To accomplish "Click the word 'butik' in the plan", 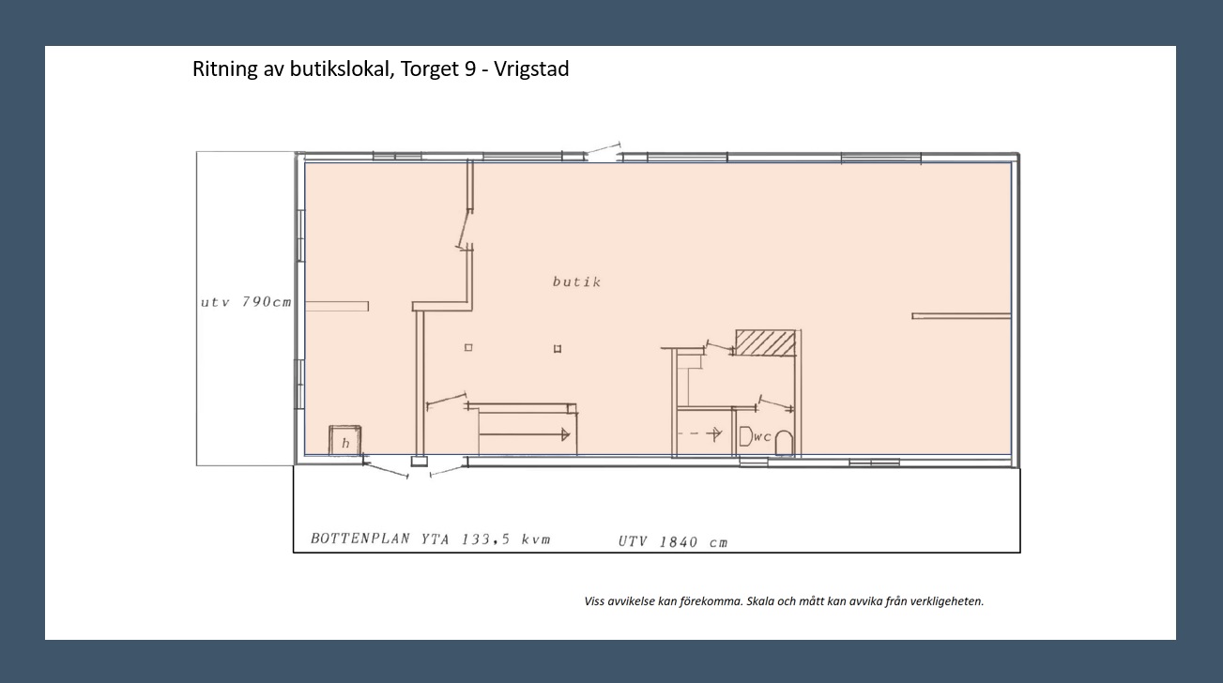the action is [576, 281].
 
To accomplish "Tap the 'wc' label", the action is [763, 436].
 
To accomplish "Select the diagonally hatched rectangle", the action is [766, 342].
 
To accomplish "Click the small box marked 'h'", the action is [345, 440].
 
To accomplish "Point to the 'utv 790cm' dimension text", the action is [246, 302].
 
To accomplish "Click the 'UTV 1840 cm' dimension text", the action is [673, 541].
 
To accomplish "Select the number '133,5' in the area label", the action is [485, 539].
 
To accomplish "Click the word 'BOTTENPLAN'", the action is [360, 539].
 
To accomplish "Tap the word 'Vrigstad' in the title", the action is [531, 68].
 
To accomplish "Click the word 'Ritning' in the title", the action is [225, 68].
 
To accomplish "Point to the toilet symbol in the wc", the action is [784, 443].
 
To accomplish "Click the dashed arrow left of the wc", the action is [699, 434].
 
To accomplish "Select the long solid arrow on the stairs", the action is [524, 434].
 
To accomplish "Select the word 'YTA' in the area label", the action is [436, 539].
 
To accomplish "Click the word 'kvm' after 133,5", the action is [536, 539].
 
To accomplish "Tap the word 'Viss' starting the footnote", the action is [594, 601].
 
